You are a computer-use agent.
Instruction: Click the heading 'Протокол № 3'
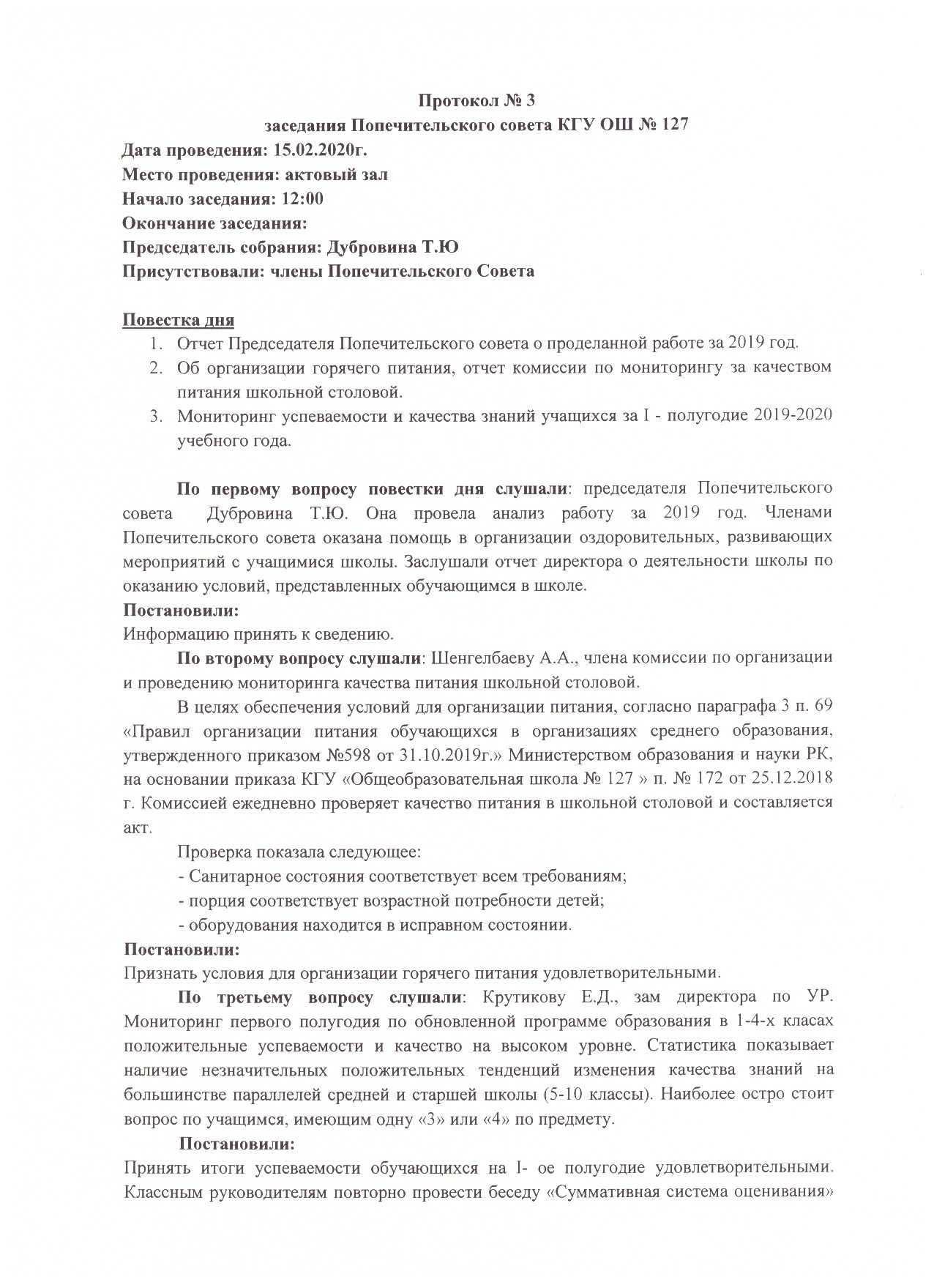[477, 100]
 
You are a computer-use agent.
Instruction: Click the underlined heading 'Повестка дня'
[178, 320]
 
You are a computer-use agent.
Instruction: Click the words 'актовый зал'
[343, 174]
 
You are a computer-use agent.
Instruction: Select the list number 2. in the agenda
[156, 368]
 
